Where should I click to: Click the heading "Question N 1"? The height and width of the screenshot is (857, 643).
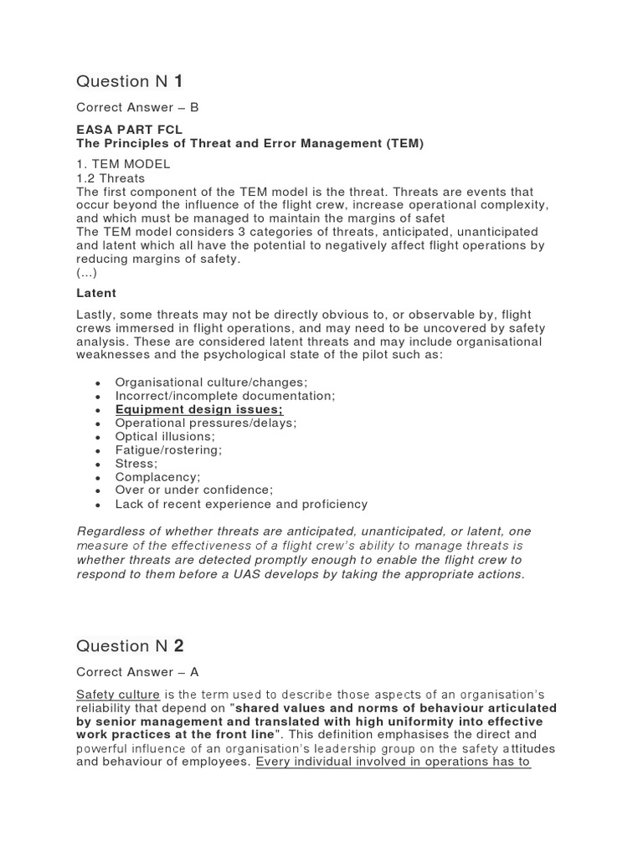coord(130,81)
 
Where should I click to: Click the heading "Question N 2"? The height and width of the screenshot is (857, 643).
coord(130,646)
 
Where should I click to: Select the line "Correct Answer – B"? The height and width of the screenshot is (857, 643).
coord(137,108)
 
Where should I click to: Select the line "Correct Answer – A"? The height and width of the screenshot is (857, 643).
coord(137,672)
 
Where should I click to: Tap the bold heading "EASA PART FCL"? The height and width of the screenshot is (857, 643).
coord(129,131)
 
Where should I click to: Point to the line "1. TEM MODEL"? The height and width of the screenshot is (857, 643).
coord(123,164)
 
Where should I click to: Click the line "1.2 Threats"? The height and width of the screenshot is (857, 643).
coord(111,178)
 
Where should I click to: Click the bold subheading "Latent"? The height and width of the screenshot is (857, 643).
coord(96,293)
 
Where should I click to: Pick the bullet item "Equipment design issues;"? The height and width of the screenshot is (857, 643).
coord(199,409)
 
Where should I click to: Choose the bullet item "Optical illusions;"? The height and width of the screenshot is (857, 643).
coord(165,436)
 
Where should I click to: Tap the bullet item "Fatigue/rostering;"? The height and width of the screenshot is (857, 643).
coord(168,449)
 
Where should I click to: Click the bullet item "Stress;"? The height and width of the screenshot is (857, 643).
coord(136,463)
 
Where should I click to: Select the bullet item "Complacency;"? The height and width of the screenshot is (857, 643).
coord(157,477)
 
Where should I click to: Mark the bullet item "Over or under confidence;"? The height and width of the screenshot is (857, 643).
coord(194,490)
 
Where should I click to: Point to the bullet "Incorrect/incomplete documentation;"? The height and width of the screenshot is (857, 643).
coord(224,395)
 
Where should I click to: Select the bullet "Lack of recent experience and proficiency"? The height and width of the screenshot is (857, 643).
coord(241,504)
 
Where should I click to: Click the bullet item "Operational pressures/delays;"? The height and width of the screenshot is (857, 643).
coord(206,423)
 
